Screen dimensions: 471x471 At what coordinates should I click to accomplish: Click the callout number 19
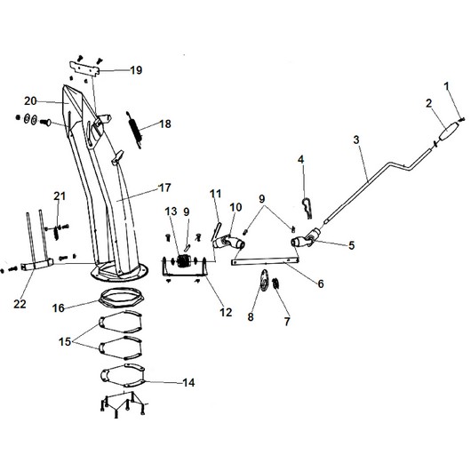coord(136,70)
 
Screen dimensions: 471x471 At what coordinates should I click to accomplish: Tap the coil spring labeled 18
coord(134,130)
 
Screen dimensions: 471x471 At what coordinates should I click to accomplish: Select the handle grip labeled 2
coord(450,132)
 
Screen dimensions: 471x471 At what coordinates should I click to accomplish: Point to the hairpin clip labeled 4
coord(307,207)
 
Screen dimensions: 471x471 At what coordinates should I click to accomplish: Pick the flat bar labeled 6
coord(265,260)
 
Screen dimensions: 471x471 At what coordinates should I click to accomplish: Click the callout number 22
coord(20,304)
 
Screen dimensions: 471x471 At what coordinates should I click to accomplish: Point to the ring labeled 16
coord(123,298)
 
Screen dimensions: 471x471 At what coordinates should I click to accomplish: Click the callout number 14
coord(188,382)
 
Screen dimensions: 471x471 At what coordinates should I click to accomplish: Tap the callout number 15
coord(65,341)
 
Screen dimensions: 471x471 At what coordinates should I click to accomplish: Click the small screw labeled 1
coord(461,120)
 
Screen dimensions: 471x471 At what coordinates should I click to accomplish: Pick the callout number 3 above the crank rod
coord(356,140)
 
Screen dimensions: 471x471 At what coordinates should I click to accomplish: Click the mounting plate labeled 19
coord(84,68)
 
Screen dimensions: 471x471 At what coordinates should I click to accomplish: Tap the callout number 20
coord(30,101)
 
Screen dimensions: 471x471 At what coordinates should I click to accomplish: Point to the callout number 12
coord(226,313)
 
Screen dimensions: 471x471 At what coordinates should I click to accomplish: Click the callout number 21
coord(60,196)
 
